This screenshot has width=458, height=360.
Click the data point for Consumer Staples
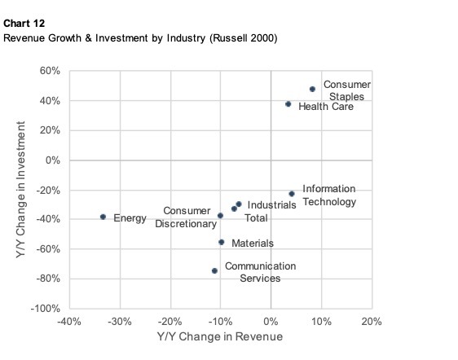pyautogui.click(x=312, y=90)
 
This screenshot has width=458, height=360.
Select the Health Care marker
pyautogui.click(x=288, y=104)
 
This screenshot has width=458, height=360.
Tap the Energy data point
pyautogui.click(x=103, y=217)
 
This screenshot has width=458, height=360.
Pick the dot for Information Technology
pyautogui.click(x=292, y=194)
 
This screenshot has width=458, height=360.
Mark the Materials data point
pyautogui.click(x=222, y=242)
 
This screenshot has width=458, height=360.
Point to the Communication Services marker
pyautogui.click(x=214, y=270)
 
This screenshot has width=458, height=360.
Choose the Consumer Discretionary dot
pyautogui.click(x=220, y=216)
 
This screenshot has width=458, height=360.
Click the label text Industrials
pyautogui.click(x=271, y=205)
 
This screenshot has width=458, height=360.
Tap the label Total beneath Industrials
pyautogui.click(x=258, y=217)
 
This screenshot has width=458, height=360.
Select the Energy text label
pyautogui.click(x=130, y=218)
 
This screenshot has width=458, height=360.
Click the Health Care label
pyautogui.click(x=326, y=107)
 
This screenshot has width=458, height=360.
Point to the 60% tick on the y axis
pyautogui.click(x=51, y=72)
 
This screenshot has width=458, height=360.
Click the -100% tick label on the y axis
pyautogui.click(x=46, y=310)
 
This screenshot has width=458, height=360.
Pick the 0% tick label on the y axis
pyautogui.click(x=53, y=160)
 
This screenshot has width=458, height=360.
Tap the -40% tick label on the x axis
pyautogui.click(x=69, y=322)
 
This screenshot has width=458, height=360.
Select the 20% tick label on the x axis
pyautogui.click(x=372, y=322)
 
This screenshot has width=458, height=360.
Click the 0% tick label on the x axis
pyautogui.click(x=271, y=322)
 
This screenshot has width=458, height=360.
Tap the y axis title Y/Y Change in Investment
pyautogui.click(x=21, y=191)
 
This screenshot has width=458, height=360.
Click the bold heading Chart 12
pyautogui.click(x=22, y=24)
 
